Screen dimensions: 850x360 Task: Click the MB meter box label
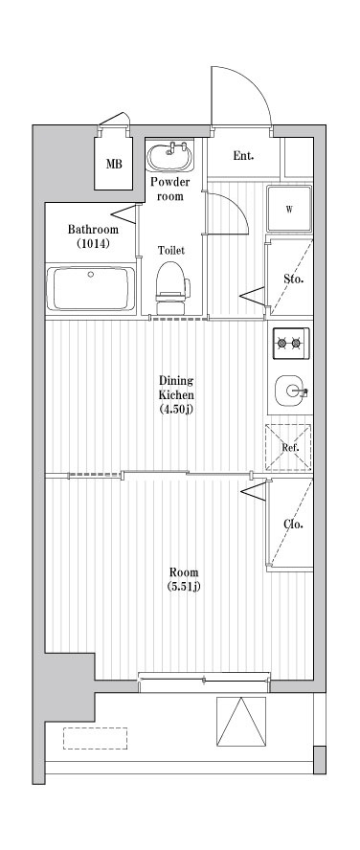point(114,164)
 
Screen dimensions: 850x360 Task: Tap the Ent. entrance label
point(243,155)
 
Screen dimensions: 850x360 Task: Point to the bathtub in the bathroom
point(92,288)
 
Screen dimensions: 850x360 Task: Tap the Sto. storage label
point(293,280)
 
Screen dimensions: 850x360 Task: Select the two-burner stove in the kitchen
point(289,342)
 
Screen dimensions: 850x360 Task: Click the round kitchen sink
point(290,391)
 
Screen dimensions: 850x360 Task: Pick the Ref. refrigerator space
point(289,447)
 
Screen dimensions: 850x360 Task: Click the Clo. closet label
point(293,524)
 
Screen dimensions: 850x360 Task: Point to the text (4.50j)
point(176,410)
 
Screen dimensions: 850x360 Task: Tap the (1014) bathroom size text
point(93,245)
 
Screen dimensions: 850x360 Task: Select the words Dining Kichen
point(176,387)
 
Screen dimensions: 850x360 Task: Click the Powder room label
point(170,189)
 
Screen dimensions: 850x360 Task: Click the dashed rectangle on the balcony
point(95,738)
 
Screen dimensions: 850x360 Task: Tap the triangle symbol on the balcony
point(240,722)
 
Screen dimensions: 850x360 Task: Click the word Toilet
point(171,250)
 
